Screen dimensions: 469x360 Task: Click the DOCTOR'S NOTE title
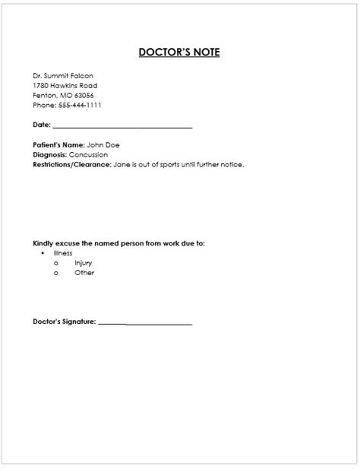click(179, 52)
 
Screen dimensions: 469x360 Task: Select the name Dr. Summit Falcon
click(63, 76)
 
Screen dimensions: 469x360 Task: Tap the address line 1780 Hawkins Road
click(65, 86)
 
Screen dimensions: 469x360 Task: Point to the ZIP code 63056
click(84, 96)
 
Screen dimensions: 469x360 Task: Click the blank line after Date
click(122, 126)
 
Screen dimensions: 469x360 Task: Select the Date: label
click(42, 125)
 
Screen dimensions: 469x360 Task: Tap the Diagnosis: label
click(50, 154)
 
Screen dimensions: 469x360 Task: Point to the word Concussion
click(89, 154)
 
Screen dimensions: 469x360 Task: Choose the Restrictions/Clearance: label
click(72, 164)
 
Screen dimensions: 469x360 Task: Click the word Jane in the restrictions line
click(122, 164)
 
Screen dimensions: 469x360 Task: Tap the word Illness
click(63, 252)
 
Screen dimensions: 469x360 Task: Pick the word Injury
click(84, 263)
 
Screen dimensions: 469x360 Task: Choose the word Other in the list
click(84, 273)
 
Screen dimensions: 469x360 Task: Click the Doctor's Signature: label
click(65, 322)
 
